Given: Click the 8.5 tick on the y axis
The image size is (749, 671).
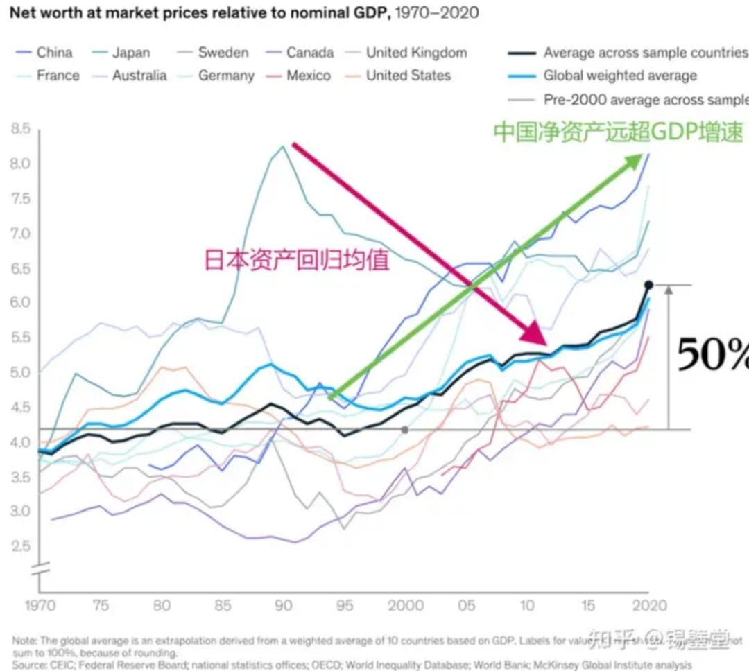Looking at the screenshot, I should tap(21, 129).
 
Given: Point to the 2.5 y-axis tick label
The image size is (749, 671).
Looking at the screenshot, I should tap(21, 546).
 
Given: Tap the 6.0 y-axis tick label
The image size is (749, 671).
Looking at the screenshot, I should tap(21, 303).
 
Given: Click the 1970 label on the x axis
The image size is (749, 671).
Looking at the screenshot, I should tap(40, 606).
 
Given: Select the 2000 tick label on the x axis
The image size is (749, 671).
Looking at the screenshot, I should tap(406, 606).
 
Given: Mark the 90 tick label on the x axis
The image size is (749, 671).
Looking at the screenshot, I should tap(283, 606).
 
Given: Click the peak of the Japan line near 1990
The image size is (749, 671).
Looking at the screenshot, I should tap(283, 146).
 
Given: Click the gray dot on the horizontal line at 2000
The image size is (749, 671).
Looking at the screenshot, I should tap(405, 430).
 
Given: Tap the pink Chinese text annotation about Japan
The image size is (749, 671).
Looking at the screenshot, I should tap(296, 259).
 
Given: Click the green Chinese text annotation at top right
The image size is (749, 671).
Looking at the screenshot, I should tap(618, 131).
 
